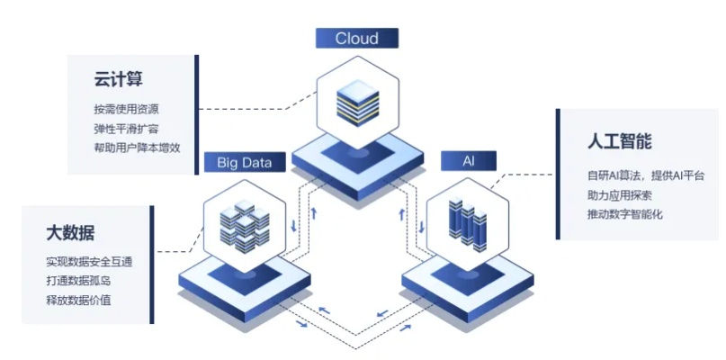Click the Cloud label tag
[x=357, y=38]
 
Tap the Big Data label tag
[x=250, y=163]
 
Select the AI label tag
[x=468, y=161]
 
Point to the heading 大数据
[x=70, y=233]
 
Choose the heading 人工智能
[x=620, y=142]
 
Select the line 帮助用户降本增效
[x=137, y=148]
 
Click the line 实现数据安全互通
[x=89, y=262]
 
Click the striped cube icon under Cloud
[x=358, y=101]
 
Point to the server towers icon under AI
[x=466, y=220]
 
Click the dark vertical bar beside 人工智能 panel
[x=558, y=175]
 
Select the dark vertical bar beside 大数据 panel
[x=151, y=264]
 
